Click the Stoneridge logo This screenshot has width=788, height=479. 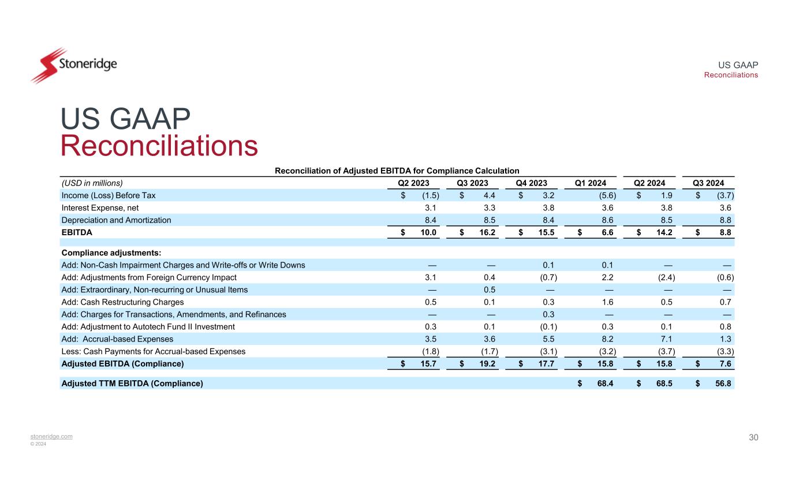73,65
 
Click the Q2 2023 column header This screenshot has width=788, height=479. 414,183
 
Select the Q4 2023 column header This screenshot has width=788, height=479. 531,183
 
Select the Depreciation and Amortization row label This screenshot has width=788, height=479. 116,220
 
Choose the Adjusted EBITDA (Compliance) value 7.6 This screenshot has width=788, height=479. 726,363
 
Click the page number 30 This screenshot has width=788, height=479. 753,437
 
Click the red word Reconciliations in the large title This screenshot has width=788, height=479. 159,146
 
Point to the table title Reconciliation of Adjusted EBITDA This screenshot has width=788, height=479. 397,170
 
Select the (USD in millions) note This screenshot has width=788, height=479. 92,183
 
